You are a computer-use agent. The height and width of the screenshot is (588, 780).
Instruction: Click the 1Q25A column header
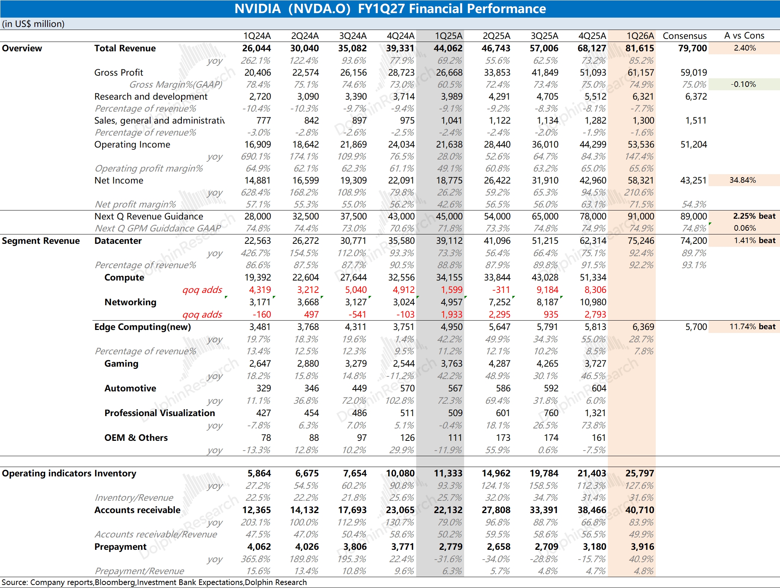(448, 36)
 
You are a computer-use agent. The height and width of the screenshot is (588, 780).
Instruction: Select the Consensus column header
(685, 36)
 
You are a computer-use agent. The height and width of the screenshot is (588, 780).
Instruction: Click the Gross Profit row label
(119, 72)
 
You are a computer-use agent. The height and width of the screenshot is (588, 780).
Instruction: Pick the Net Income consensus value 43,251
(693, 181)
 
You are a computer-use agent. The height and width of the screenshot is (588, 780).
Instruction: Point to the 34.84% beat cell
(743, 180)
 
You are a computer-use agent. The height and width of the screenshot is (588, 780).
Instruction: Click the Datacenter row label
(118, 241)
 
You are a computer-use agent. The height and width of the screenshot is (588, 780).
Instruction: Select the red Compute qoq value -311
(501, 290)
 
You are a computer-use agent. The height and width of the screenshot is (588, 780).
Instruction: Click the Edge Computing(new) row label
(143, 327)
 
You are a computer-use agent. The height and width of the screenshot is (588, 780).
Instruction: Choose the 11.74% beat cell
(752, 327)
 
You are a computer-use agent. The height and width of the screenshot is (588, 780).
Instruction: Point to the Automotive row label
(130, 388)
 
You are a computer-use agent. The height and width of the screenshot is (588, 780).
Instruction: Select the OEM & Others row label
(136, 438)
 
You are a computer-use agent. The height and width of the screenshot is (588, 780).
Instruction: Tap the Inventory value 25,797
(640, 473)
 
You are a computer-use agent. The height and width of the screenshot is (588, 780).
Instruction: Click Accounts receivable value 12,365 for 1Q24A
(256, 510)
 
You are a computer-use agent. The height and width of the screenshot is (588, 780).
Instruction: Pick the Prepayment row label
(120, 547)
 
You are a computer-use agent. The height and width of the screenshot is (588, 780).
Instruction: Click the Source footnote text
(154, 582)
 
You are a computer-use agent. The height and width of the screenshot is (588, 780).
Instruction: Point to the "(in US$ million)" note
(33, 24)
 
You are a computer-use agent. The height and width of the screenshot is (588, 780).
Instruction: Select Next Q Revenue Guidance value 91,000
(641, 216)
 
